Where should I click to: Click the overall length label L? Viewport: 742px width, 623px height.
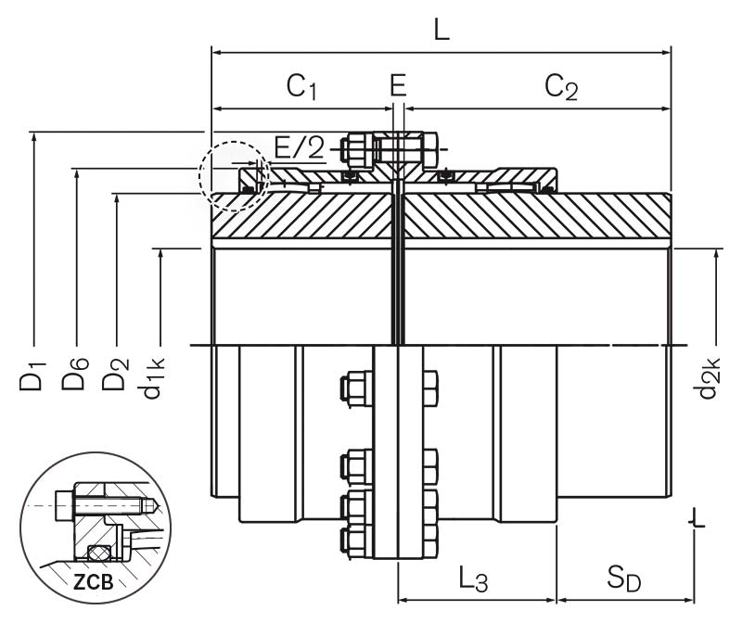point(441,29)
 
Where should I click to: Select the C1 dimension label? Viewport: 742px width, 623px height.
point(302,87)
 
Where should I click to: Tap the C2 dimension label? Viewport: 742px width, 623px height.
point(561,87)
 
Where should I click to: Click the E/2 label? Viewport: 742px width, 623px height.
point(300,147)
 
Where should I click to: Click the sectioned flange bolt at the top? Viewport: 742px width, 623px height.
point(395,147)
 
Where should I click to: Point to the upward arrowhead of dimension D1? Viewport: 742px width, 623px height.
point(33,135)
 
